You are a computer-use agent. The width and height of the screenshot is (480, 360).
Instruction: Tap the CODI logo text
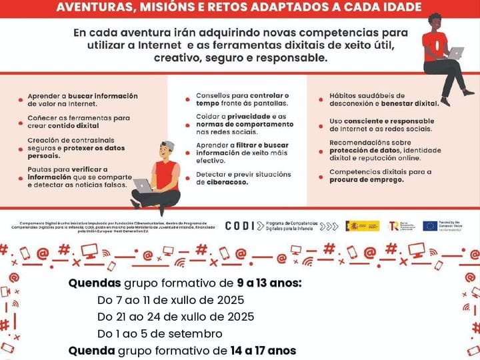[x=239, y=226]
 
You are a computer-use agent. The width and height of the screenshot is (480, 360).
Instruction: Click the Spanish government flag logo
[x=362, y=226]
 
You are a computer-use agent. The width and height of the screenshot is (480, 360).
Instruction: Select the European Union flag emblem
[x=430, y=226]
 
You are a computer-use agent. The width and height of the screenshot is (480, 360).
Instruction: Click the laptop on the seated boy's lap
[x=143, y=185]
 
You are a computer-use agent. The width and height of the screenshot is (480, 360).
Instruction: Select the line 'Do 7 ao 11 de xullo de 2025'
[x=171, y=299]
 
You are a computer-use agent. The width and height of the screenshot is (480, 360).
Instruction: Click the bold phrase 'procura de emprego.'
[x=363, y=179]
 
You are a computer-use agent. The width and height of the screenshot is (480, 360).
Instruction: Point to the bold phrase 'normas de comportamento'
[x=235, y=124]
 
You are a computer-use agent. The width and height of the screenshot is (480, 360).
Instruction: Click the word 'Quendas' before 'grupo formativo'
[x=95, y=283]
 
